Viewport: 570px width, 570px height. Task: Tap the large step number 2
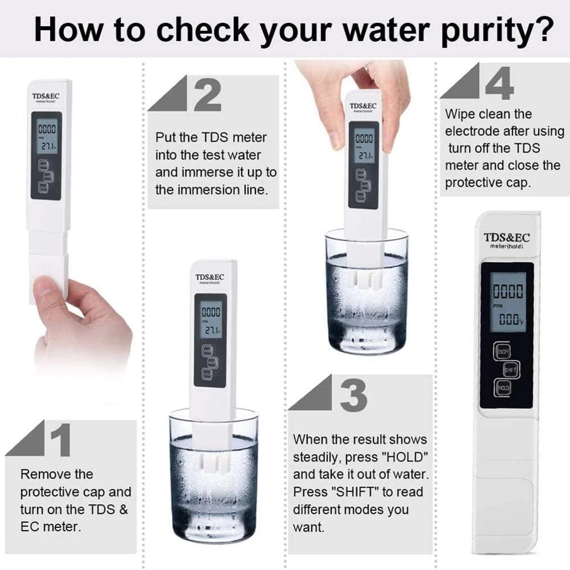coord(207,95)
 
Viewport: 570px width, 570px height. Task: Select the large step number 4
coord(499,83)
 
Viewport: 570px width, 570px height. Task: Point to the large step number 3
coord(353,394)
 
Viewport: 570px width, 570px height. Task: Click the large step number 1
coord(60,439)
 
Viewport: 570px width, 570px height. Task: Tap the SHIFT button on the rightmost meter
coord(510,370)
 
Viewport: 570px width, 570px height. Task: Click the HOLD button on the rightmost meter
coord(503,388)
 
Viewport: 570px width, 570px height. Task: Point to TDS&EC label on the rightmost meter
coord(506,237)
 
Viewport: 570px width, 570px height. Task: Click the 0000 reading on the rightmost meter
coord(506,292)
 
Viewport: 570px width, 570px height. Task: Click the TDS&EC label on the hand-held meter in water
coord(363,106)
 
